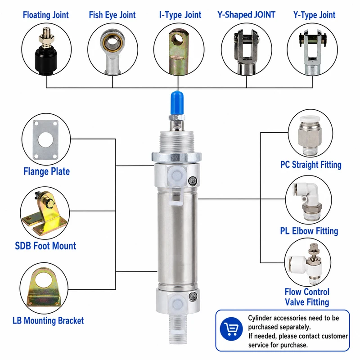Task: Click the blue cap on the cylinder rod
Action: (x=177, y=103)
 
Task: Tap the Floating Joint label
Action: (x=46, y=15)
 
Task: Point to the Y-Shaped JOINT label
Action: (x=246, y=15)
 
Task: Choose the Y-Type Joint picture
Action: (x=312, y=51)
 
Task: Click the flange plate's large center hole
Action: (x=46, y=139)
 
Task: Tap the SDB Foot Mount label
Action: (x=45, y=246)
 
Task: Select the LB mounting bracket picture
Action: (x=44, y=288)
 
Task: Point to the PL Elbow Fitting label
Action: (x=309, y=231)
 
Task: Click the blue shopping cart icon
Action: (x=231, y=329)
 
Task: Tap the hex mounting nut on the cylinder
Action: (x=176, y=157)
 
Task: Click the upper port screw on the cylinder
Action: (x=193, y=181)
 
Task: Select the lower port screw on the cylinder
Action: (x=193, y=296)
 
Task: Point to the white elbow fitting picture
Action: (x=308, y=200)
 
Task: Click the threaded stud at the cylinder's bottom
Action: (x=177, y=329)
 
